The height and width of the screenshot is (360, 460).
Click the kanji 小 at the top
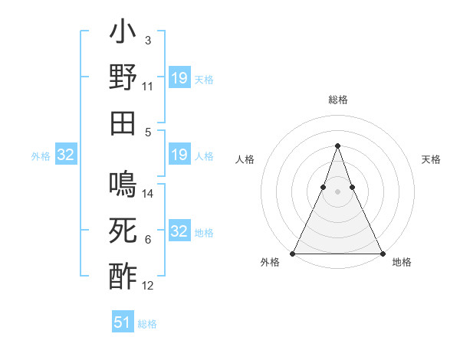pos(123,35)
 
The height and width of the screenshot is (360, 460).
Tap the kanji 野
pos(123,78)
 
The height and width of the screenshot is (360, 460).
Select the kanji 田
pos(123,123)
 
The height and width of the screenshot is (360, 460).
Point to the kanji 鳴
pos(123,184)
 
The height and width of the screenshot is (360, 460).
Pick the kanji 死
pos(123,230)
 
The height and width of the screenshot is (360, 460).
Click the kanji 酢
pos(123,276)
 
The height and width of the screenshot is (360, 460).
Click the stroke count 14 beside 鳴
pos(148,195)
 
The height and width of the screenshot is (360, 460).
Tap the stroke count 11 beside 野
pos(148,87)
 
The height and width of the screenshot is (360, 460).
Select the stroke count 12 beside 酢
pos(148,286)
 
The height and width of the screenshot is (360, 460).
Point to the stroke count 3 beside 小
pos(148,40)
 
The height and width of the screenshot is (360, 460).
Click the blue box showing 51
pos(123,322)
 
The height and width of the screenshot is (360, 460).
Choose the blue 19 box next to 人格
pos(179,155)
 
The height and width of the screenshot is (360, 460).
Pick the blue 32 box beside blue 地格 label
pos(179,231)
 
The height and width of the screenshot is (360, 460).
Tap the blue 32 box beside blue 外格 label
pos(66,155)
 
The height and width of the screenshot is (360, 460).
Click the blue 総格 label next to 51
pos(147,324)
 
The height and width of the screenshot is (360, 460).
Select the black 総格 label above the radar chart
pos(337,100)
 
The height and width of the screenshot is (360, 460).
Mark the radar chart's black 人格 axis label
pos(245,159)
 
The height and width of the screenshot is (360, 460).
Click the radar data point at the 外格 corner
pos(293,254)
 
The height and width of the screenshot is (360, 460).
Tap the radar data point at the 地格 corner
pos(382,254)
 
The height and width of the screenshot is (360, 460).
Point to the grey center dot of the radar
pos(337,191)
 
